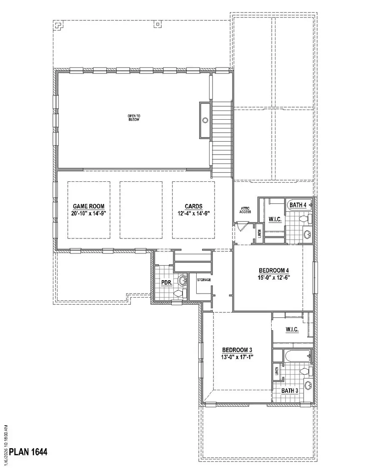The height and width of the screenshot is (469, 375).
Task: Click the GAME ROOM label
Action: pos(89,206)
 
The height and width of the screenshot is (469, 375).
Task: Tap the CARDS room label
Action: pos(194,206)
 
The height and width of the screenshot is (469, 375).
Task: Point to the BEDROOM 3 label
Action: pos(237,350)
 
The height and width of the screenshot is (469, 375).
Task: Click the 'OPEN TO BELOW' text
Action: pos(133,118)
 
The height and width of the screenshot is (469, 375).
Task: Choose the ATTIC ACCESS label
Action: pos(245,210)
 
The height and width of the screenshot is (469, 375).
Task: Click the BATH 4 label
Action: pos(298,205)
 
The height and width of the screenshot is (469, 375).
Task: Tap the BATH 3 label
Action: pos(290,391)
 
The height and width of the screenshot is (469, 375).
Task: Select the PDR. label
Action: pos(167,283)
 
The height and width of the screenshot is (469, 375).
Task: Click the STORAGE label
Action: pos(204,280)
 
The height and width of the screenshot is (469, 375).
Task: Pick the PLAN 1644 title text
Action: pos(28,451)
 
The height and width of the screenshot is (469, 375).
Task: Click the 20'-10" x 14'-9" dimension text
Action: pos(89,213)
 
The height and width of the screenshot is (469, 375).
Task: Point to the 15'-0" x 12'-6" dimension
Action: pos(273,277)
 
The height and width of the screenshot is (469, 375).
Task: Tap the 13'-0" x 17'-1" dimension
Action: pos(237,357)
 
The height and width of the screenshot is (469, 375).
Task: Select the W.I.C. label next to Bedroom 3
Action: pos(292,330)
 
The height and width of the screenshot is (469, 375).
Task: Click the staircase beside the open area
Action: pos(222,138)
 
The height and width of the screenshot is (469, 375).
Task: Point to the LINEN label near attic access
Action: pos(259,234)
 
